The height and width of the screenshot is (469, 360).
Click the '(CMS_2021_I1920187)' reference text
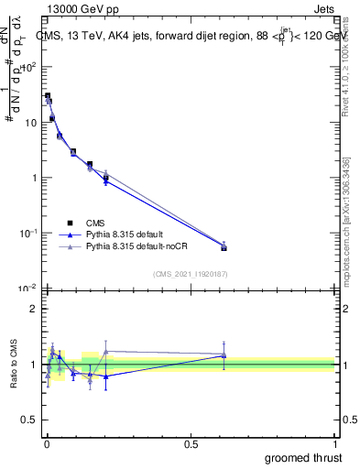[190, 273]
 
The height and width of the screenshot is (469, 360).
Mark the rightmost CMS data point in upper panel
[224, 247]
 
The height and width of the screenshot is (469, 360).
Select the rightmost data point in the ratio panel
[224, 355]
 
